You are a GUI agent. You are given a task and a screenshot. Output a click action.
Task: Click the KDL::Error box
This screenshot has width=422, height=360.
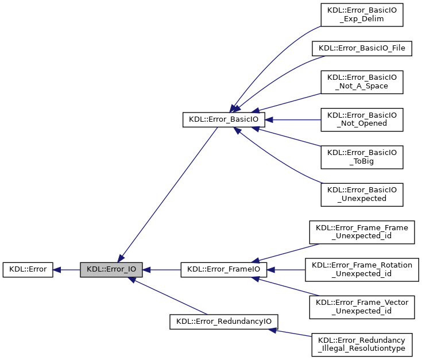28,269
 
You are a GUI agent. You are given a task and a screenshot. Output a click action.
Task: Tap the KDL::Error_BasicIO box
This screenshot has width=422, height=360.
223,119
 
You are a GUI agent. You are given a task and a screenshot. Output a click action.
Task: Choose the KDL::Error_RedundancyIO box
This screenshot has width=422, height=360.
224,321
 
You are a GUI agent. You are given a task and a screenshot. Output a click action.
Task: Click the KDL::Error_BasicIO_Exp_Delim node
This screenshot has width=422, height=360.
362,14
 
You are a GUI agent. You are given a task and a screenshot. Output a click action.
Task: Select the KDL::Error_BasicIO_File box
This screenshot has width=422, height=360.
362,48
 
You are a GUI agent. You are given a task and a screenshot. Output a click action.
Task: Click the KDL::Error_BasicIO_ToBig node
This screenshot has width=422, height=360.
362,157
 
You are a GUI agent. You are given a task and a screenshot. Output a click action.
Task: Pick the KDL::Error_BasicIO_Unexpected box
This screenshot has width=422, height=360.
362,194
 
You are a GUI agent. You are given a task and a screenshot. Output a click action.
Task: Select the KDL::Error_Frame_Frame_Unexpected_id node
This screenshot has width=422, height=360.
362,231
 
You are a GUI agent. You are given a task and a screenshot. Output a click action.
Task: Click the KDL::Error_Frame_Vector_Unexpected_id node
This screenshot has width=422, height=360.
362,306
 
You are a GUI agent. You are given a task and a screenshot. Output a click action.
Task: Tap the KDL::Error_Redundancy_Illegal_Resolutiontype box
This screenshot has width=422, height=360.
362,343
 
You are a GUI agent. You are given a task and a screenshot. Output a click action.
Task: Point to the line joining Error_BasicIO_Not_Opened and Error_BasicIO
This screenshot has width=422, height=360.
293,119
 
